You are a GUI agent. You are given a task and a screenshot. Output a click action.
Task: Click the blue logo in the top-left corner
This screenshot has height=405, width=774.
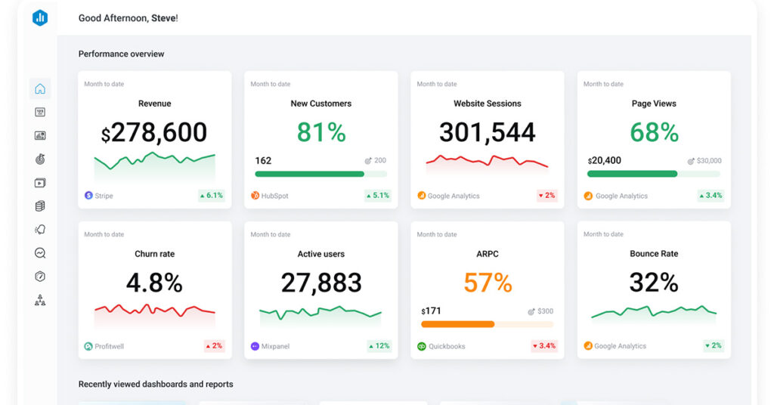point(40,18)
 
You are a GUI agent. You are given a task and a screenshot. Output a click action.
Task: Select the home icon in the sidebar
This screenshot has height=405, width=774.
point(40,88)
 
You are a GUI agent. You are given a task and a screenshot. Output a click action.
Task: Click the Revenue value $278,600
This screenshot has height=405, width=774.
point(154,133)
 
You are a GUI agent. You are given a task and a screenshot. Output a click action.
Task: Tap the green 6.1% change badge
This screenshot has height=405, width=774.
point(211,196)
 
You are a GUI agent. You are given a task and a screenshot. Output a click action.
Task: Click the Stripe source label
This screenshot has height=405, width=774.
point(104,196)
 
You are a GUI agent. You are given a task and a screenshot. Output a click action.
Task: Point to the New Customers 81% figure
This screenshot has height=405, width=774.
point(321,133)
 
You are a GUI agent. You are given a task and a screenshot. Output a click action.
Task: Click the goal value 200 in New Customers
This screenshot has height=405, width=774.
point(379,160)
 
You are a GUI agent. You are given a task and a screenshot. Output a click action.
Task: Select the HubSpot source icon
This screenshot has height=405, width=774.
point(255,196)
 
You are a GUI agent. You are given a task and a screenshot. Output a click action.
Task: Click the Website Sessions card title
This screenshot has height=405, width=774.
point(488,104)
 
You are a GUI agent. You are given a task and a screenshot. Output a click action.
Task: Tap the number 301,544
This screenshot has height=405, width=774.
point(488,133)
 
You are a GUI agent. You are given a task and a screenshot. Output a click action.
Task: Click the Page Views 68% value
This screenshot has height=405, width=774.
point(654,133)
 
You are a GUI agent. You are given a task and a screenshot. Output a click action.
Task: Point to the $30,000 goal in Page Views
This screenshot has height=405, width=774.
point(708,161)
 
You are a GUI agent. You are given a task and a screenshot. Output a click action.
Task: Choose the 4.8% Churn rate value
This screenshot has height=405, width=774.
point(154,283)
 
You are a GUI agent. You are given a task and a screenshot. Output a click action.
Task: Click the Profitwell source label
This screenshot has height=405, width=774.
point(110,346)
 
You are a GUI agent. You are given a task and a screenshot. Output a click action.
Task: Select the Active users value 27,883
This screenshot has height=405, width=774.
point(321,283)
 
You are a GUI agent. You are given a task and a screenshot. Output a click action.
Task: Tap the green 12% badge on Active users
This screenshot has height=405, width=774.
point(379,346)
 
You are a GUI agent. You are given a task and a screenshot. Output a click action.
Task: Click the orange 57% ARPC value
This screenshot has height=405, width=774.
point(488,283)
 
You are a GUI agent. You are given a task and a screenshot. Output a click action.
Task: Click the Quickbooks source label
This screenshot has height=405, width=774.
point(446,346)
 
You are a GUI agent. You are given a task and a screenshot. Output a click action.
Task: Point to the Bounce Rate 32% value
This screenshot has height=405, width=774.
point(654,283)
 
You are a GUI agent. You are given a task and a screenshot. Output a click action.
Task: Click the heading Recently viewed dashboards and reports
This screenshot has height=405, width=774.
point(156,384)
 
